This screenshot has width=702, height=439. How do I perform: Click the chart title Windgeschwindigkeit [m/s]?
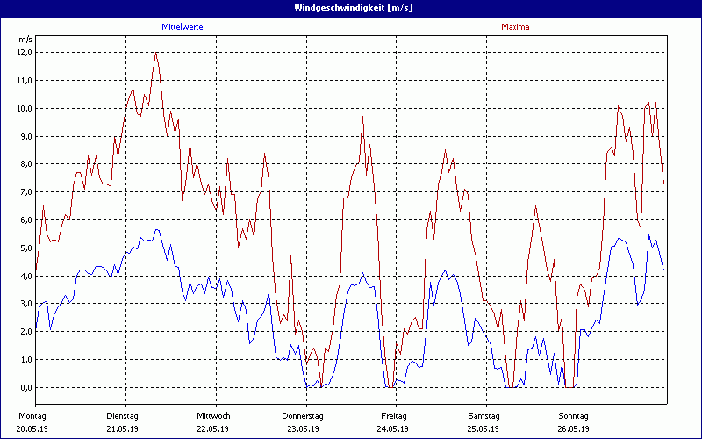351,7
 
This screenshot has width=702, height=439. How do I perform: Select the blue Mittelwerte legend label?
183,27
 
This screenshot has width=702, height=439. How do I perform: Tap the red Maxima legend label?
515,27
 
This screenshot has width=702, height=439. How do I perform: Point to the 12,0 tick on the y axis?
25,53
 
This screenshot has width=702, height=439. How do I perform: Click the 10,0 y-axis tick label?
25,108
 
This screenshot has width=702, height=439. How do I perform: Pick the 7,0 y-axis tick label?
25,192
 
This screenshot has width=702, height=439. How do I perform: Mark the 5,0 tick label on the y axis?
25,248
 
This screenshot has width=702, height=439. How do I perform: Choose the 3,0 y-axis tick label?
25,304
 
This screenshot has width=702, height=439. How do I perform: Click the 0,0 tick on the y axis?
25,388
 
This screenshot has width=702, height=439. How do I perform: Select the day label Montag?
32,415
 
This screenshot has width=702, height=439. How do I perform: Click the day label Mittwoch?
213,415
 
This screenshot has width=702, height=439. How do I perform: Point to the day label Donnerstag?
304,415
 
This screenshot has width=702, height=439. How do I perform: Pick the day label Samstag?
484,415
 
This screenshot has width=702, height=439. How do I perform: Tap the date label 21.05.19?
123,429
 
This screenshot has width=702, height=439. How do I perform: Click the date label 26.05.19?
574,429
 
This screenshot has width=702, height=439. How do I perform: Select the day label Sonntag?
574,415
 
